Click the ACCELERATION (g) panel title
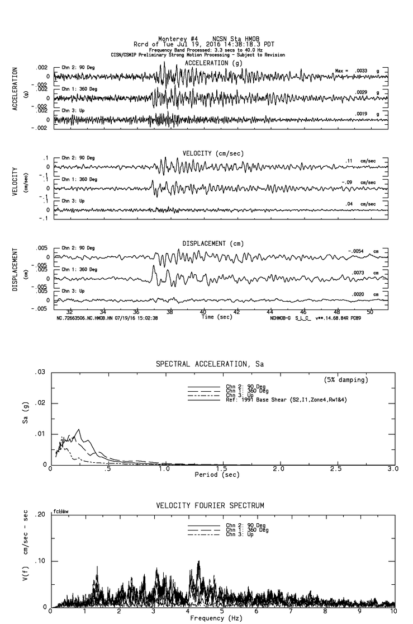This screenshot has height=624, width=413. tap(214, 63)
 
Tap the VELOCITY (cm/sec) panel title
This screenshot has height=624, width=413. tap(213, 153)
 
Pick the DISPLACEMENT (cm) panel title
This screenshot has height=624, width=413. tap(213, 243)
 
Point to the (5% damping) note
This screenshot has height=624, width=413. tap(346, 379)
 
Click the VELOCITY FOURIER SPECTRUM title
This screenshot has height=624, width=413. tap(211, 506)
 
